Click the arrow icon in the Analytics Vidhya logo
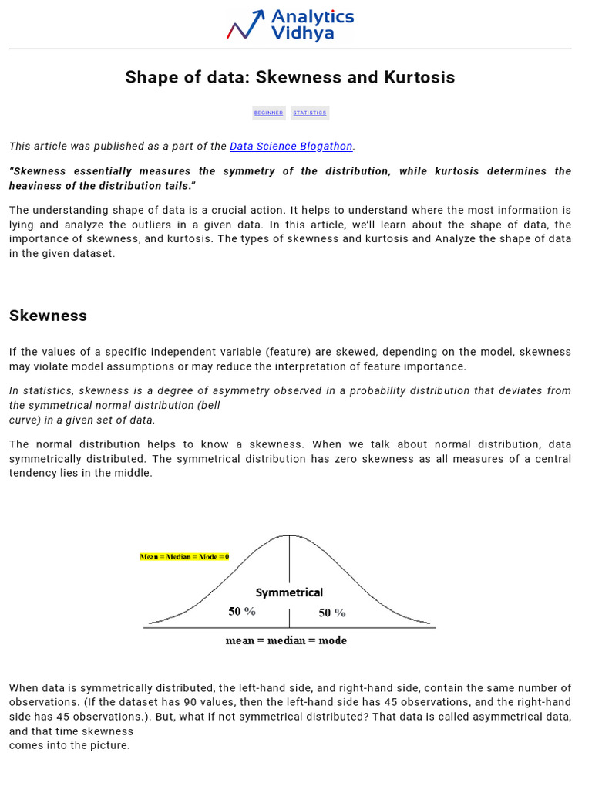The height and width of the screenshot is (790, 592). click(x=245, y=25)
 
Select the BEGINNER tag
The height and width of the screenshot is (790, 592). click(x=268, y=113)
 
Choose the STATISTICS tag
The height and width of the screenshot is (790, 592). click(x=310, y=113)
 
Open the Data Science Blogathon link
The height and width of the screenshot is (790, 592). click(x=291, y=146)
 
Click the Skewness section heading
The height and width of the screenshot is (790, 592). click(x=48, y=316)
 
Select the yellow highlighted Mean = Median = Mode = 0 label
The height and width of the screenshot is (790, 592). click(x=184, y=556)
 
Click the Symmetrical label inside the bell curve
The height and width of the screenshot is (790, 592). click(x=289, y=592)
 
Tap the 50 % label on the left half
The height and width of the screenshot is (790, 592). click(x=242, y=611)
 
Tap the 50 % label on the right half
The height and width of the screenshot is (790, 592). click(x=332, y=613)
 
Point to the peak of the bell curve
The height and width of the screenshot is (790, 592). click(x=289, y=535)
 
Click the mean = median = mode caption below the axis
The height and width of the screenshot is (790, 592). click(x=286, y=640)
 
